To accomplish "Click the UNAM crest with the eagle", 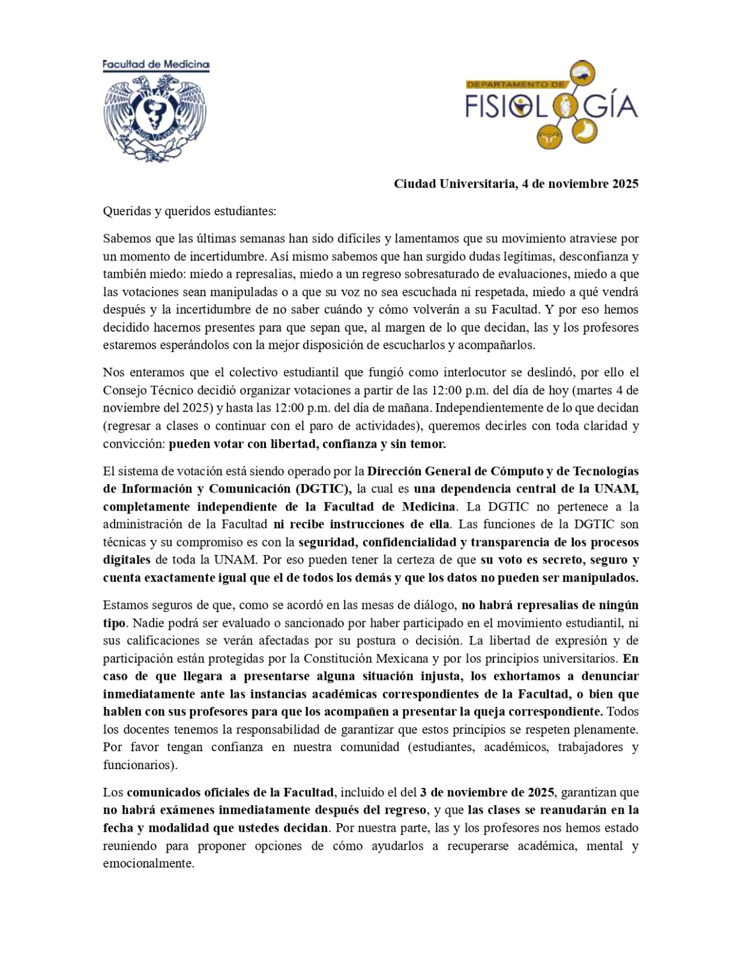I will [155, 116].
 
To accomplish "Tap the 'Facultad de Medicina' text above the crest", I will [155, 64].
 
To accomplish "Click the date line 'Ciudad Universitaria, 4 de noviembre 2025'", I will [516, 184].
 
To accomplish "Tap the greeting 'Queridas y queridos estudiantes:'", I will [189, 211].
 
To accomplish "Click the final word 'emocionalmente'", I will [148, 864].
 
